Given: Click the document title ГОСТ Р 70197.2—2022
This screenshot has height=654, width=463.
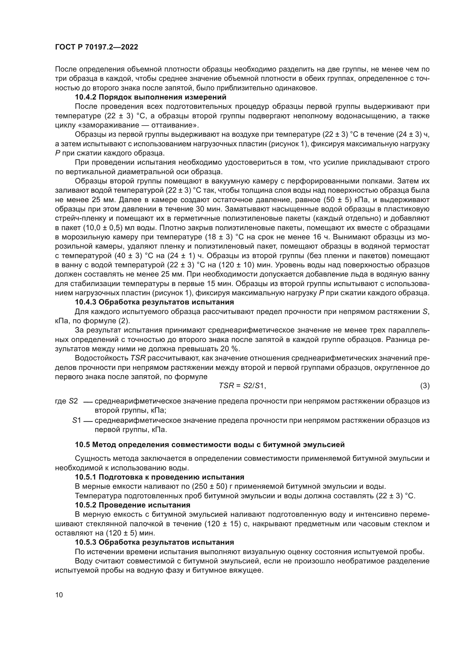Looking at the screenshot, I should pos(96,47).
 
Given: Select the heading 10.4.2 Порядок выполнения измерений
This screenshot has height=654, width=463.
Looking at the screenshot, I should pos(150,97).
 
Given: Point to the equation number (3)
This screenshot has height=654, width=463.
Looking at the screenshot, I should pos(425,386).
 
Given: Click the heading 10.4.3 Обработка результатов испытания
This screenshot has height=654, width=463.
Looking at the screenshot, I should pos(154,302).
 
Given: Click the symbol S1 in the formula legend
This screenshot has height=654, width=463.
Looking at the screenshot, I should pos(77,420).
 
